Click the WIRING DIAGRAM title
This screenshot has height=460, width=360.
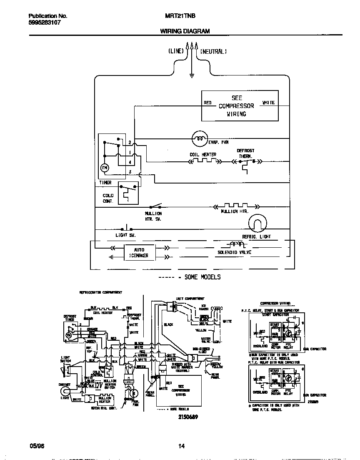point(185,31)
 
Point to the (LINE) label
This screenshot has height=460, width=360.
point(176,51)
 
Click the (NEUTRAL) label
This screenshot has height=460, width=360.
point(213,51)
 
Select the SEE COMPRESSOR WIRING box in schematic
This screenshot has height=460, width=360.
point(240,106)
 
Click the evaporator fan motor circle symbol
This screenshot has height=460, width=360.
point(200,138)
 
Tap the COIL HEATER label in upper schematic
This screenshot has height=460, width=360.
point(203,155)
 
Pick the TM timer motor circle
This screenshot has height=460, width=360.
point(104,167)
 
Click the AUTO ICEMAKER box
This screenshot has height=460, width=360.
point(139,253)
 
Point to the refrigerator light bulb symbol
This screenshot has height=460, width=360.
point(257,225)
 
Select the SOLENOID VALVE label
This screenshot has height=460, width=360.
point(235,252)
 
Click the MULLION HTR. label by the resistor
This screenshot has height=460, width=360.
point(235,212)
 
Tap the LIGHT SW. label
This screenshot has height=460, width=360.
point(125,235)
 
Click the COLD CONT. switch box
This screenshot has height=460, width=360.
point(128,193)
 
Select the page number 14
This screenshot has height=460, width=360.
point(181,446)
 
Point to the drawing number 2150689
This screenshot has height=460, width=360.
point(188,417)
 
